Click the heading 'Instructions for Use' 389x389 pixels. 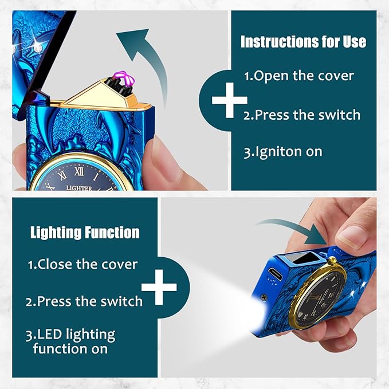(303, 41)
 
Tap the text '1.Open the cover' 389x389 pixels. (298, 76)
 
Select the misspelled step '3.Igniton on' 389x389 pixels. (283, 152)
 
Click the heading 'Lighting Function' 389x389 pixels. (85, 233)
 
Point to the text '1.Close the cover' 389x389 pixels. (82, 264)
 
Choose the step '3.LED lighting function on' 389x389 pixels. (70, 341)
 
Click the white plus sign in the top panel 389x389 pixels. (230, 100)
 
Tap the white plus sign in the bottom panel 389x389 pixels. (159, 287)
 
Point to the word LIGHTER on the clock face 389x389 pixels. (79, 188)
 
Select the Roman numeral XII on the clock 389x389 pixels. (79, 171)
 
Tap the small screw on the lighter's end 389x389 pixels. (264, 297)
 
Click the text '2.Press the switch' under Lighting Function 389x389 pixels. (84, 301)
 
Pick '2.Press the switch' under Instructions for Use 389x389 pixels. (302, 115)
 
